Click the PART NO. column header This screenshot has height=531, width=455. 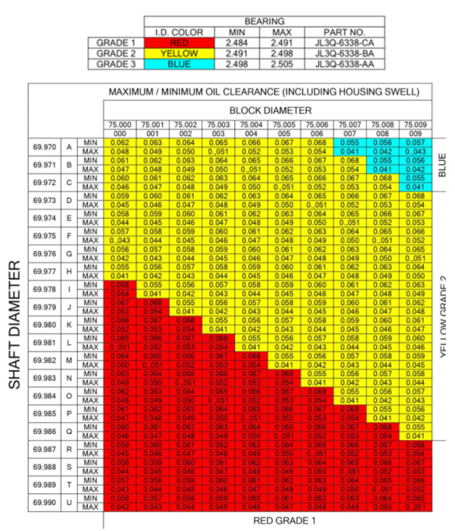pos(344,33)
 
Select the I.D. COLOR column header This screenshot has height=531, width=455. pos(179,33)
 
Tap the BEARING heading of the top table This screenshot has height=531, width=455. pos(264,22)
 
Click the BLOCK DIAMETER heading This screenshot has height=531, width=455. pos(270,110)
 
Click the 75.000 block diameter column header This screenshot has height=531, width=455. pos(119,125)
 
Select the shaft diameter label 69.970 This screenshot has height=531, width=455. pos(44,147)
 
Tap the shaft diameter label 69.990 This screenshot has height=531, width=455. pos(44,503)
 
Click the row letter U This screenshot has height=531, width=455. pos(69,503)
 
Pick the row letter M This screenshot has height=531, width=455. pos(69,360)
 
